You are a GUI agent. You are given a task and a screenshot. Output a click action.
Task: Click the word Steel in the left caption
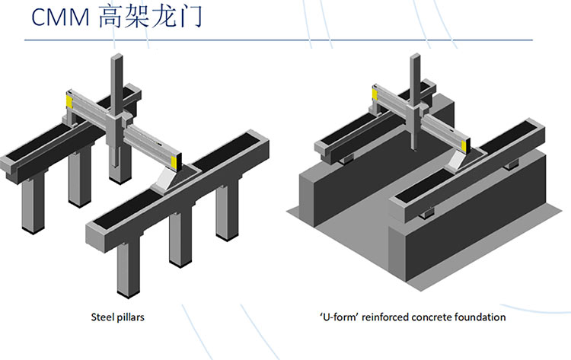pos(100,316)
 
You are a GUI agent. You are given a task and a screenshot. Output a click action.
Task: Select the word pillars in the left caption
pos(129,316)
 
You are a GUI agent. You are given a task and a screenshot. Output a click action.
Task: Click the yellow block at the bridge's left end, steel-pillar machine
pos(69,100)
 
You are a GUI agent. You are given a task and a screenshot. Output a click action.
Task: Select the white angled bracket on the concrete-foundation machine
pos(457,158)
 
